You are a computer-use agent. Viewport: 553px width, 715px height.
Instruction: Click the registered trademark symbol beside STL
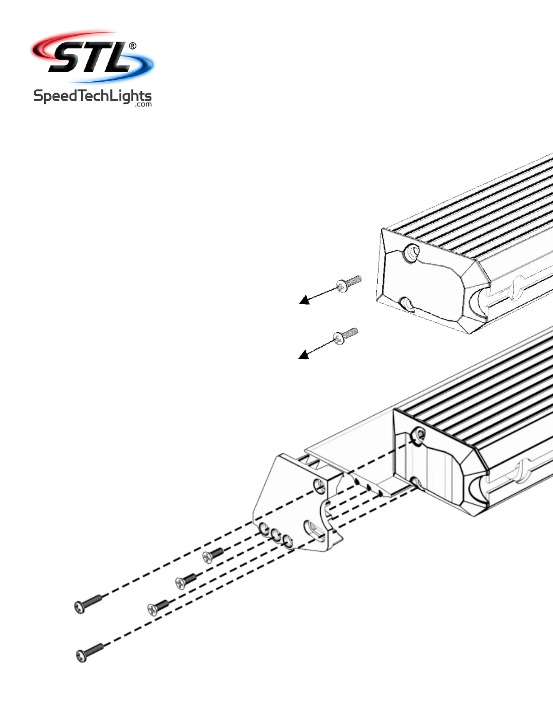click(x=132, y=46)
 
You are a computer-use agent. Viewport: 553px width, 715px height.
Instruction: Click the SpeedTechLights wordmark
click(x=92, y=97)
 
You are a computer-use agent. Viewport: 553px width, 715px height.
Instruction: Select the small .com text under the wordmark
click(x=143, y=105)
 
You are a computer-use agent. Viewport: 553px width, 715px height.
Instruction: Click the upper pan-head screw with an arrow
click(x=349, y=283)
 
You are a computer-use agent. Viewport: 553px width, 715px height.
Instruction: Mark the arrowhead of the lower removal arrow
click(x=304, y=355)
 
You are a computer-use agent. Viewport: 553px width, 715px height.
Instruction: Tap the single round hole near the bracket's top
click(x=320, y=486)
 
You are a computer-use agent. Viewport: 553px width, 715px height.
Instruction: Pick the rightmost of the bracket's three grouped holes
click(x=287, y=539)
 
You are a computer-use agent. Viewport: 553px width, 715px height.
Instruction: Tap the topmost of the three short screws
click(x=213, y=555)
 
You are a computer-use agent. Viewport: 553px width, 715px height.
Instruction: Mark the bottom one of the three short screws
click(x=158, y=607)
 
